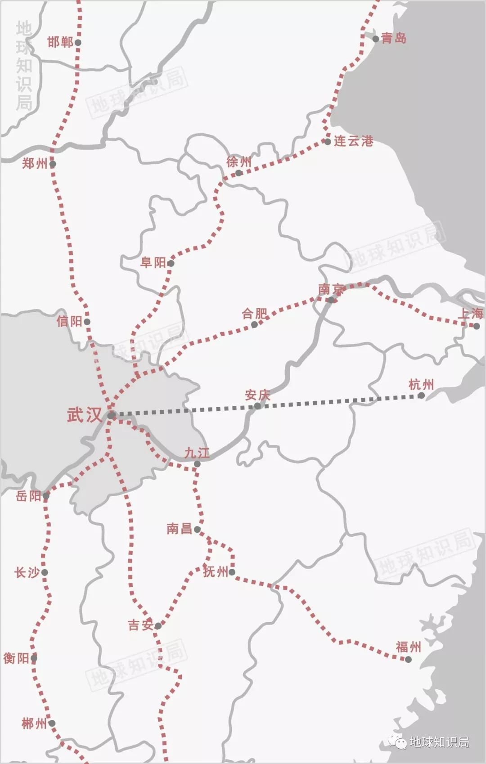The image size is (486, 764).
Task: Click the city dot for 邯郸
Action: [x=78, y=42]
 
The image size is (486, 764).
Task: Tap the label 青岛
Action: [x=394, y=38]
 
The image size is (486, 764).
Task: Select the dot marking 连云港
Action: [x=328, y=142]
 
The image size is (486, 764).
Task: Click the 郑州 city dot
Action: [x=53, y=164]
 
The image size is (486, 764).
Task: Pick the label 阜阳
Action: [x=153, y=262]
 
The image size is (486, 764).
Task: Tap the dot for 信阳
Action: [x=87, y=322]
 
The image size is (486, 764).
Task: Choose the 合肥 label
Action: [x=254, y=314]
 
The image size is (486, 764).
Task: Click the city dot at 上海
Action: [x=477, y=326]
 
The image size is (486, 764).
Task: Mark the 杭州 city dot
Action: [x=421, y=395]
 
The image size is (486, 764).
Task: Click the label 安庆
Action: [x=257, y=395]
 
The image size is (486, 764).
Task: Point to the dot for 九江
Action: [x=197, y=464]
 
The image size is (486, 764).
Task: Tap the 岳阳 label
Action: [x=28, y=496]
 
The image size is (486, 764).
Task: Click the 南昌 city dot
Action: [x=197, y=530]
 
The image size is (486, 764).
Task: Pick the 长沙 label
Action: [x=27, y=573]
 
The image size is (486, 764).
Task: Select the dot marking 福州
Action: [x=408, y=659]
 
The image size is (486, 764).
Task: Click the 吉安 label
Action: [x=140, y=625]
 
